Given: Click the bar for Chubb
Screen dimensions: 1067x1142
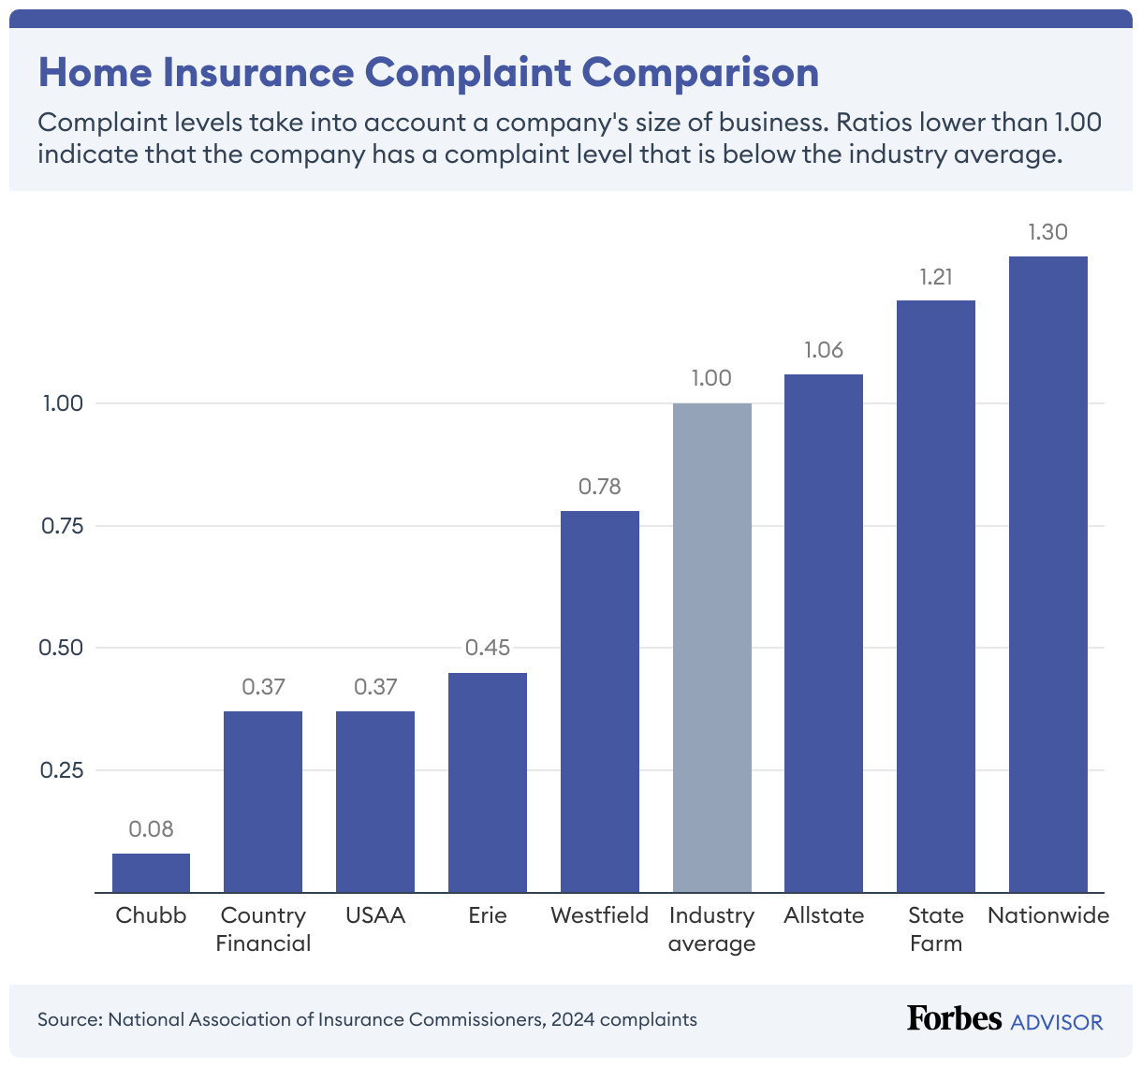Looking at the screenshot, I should (x=151, y=872).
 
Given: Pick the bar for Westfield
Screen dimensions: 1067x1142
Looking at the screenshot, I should (x=599, y=701).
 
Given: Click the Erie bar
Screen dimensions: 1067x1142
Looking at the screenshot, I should (x=487, y=782).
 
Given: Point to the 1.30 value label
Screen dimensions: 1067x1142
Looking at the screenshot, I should (x=1047, y=232).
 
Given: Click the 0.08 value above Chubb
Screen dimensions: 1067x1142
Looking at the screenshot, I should (x=151, y=829).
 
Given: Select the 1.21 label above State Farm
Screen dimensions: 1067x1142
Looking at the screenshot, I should (x=935, y=277).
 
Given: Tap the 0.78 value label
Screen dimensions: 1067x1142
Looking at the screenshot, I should (x=599, y=487).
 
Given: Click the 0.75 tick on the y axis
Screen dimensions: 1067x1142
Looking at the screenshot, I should (x=62, y=526).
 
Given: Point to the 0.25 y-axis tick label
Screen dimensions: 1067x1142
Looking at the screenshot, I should (x=62, y=770).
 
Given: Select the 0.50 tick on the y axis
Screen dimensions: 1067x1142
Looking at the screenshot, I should (x=62, y=648).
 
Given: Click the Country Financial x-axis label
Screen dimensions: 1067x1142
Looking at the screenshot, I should (x=263, y=928).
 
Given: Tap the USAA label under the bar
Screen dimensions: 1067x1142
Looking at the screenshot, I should (x=374, y=915).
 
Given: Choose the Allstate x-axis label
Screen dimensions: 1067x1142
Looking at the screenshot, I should (x=824, y=915).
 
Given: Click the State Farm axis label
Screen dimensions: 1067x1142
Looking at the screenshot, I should (x=935, y=928).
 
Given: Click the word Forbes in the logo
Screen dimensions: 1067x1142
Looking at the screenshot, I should (x=954, y=1018).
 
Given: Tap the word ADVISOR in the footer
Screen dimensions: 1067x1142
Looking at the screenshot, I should (x=1057, y=1021).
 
